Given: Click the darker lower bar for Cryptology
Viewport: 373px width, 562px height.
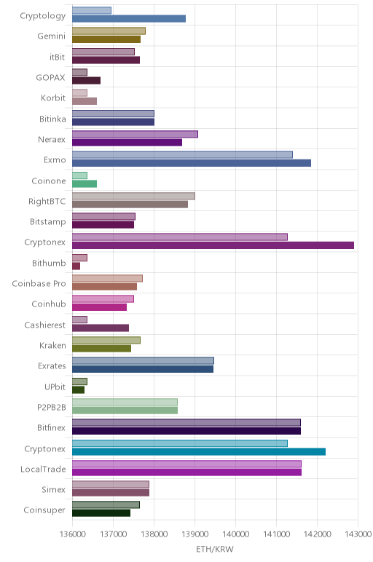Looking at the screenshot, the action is (x=129, y=19).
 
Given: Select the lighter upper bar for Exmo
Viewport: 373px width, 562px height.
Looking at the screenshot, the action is (x=182, y=155).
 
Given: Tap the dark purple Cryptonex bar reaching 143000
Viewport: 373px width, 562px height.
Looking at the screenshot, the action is (x=213, y=245).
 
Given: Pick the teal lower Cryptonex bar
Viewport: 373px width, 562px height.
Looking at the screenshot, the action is (x=199, y=451).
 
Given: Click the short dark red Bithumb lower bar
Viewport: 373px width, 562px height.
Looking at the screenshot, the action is (x=76, y=266).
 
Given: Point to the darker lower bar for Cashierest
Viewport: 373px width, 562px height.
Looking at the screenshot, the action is (x=101, y=328).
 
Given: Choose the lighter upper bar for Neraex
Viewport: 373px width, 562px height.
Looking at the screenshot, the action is (x=135, y=134).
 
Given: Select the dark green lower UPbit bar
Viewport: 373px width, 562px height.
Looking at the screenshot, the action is (x=78, y=389).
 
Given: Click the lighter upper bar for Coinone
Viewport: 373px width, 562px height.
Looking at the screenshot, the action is (x=79, y=175).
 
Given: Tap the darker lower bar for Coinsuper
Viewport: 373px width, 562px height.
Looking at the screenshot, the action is (x=101, y=513).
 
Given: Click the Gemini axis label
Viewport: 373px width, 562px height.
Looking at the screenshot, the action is (x=51, y=36).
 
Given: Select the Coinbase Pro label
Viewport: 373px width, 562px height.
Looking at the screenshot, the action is (x=39, y=283).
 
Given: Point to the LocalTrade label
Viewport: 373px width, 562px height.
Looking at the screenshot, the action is (x=43, y=469).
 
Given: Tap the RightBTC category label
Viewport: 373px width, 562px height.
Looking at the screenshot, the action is (x=47, y=201).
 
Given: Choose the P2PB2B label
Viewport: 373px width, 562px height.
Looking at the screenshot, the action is (x=52, y=407).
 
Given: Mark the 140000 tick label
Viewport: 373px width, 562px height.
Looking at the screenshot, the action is (x=235, y=534).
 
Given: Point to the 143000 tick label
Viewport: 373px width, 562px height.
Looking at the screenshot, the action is (x=358, y=534).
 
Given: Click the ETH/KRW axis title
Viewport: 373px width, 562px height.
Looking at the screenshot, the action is (x=215, y=549).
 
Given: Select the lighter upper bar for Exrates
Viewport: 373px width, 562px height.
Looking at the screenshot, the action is (x=143, y=360).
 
